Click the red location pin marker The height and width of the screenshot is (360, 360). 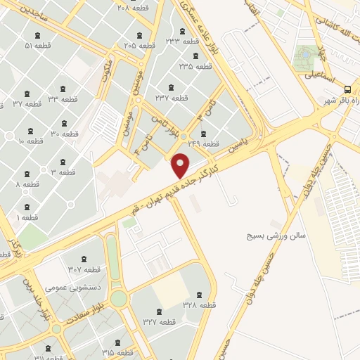tap(181, 165)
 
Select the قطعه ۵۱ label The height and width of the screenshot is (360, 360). tap(38, 45)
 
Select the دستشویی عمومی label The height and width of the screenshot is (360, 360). tap(66, 287)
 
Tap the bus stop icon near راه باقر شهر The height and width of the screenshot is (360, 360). tap(347, 89)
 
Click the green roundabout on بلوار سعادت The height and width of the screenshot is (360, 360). tap(119, 298)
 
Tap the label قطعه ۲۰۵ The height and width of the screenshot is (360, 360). tap(139, 45)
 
